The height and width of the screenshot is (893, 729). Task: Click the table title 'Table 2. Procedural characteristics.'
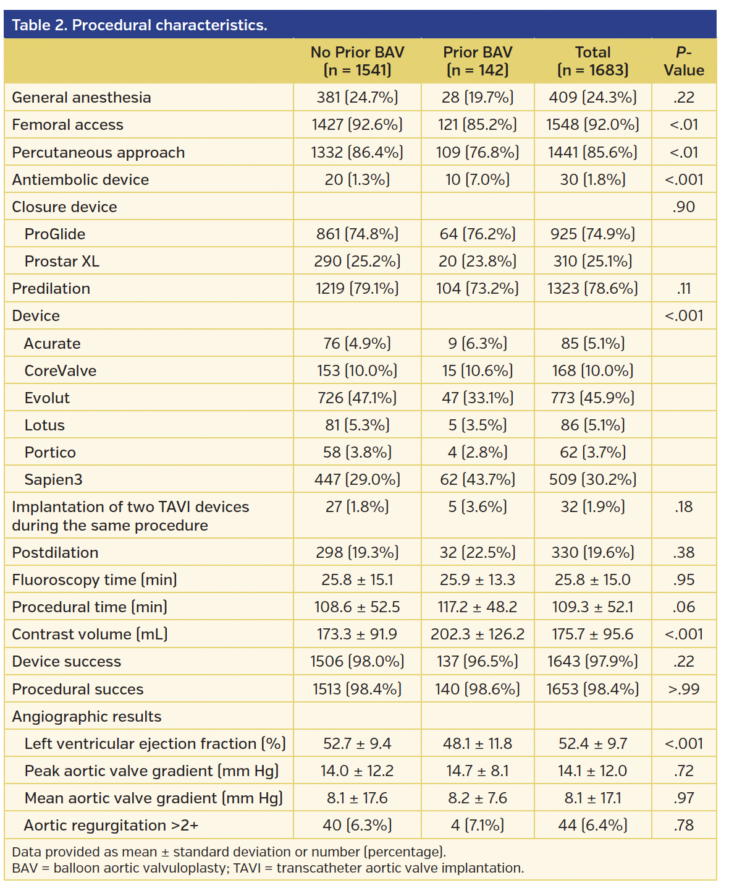(140, 25)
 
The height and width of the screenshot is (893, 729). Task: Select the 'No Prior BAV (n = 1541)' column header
(357, 61)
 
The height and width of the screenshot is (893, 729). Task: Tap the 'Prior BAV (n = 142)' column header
(478, 61)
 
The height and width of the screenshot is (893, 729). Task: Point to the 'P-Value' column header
(683, 61)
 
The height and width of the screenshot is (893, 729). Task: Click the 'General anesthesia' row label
(82, 98)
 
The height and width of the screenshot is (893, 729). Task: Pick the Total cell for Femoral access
(592, 125)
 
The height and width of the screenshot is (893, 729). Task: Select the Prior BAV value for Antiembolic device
(478, 180)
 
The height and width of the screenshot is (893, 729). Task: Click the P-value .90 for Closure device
(683, 207)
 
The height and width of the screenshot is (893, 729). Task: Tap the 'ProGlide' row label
(55, 234)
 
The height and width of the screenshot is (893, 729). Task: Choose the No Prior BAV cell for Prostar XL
(357, 262)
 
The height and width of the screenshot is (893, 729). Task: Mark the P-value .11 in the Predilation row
(683, 289)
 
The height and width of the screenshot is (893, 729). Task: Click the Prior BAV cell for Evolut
(478, 398)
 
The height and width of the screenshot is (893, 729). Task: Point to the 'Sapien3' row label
(53, 480)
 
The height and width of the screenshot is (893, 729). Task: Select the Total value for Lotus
(592, 425)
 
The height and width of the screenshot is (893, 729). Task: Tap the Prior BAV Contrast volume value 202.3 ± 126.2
(478, 634)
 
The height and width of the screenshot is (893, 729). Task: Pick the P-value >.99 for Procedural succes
(683, 690)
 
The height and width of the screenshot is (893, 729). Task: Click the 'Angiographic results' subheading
(86, 717)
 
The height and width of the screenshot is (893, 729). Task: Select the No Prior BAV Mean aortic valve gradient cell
(357, 798)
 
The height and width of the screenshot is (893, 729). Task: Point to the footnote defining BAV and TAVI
(268, 868)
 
